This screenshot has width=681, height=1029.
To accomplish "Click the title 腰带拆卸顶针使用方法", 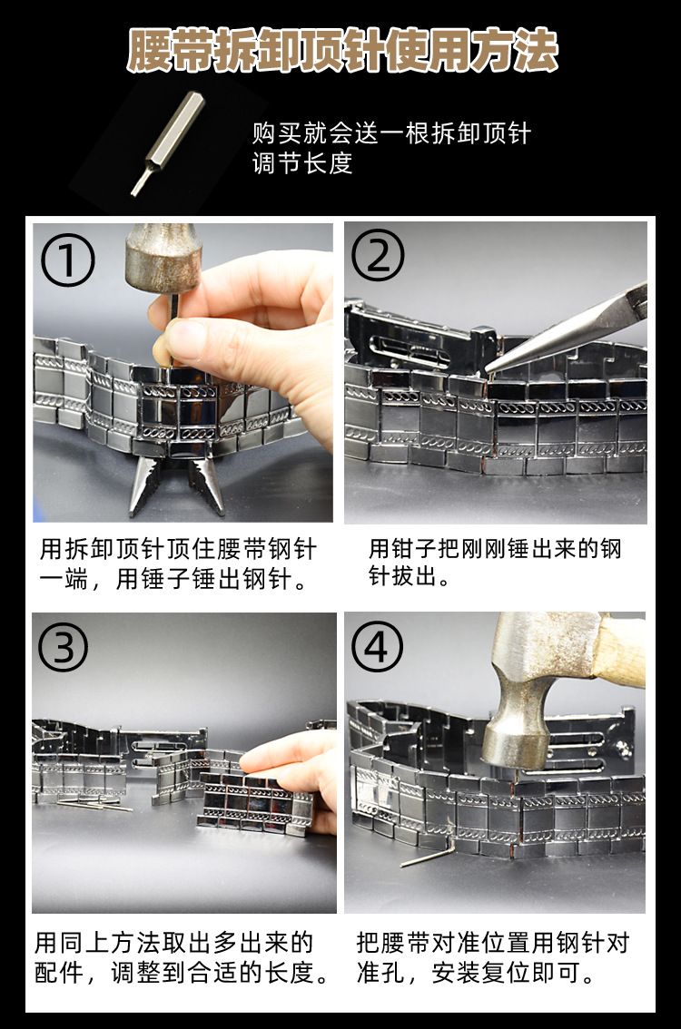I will (341, 52).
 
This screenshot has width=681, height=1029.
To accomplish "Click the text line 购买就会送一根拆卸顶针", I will (390, 134).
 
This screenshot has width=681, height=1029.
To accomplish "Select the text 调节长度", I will (301, 164).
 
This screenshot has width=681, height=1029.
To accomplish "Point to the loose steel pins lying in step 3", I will (91, 803).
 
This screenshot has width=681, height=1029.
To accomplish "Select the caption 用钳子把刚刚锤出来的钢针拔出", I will (495, 563).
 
